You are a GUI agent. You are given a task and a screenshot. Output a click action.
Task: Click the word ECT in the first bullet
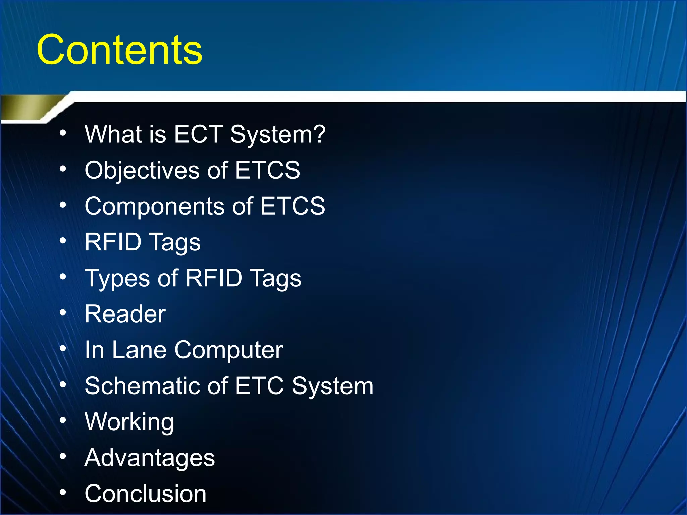(198, 134)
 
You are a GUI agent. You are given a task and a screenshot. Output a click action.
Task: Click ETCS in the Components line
(292, 206)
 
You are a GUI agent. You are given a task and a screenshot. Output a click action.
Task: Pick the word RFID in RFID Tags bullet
(113, 242)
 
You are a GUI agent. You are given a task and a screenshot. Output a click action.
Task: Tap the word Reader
(125, 314)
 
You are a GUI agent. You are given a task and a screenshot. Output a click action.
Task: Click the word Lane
(139, 350)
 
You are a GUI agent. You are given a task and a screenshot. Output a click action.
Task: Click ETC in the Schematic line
(259, 386)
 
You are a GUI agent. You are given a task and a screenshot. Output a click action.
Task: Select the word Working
(129, 422)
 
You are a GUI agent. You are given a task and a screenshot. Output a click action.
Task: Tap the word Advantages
(150, 458)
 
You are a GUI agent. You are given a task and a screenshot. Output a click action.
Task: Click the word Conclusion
(145, 494)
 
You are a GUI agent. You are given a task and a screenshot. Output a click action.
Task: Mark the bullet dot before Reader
(63, 312)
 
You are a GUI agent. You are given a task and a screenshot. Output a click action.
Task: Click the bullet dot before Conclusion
(63, 492)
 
